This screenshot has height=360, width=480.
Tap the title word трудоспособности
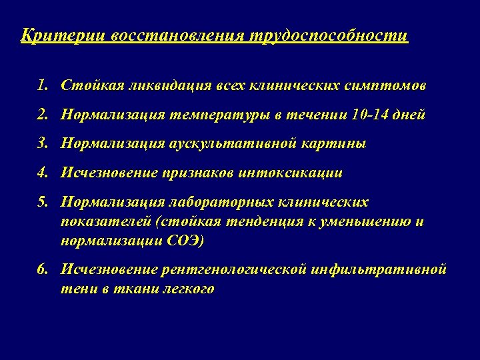(x=329, y=35)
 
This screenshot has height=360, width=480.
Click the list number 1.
(x=43, y=85)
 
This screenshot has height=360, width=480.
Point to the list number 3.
(x=43, y=143)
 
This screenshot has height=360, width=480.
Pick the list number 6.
(x=43, y=269)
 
